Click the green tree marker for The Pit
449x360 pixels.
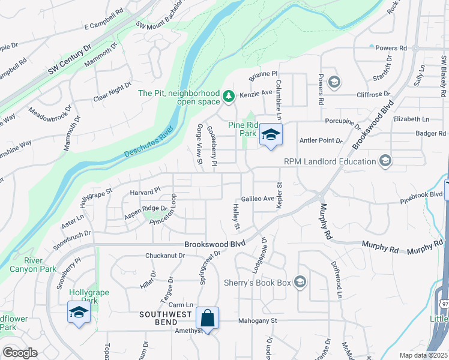pos(228,96)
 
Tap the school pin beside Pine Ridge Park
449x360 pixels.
pos(270,136)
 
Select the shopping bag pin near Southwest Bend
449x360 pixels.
pos(207,319)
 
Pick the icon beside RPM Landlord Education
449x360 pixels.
pos(385,160)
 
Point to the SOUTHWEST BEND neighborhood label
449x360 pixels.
pos(166,314)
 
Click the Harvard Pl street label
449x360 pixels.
pos(145,191)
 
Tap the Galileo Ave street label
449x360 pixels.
pos(257,198)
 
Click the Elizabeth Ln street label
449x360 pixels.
pos(411,119)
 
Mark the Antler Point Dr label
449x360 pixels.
pos(321,140)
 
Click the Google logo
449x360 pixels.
pos(20,353)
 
